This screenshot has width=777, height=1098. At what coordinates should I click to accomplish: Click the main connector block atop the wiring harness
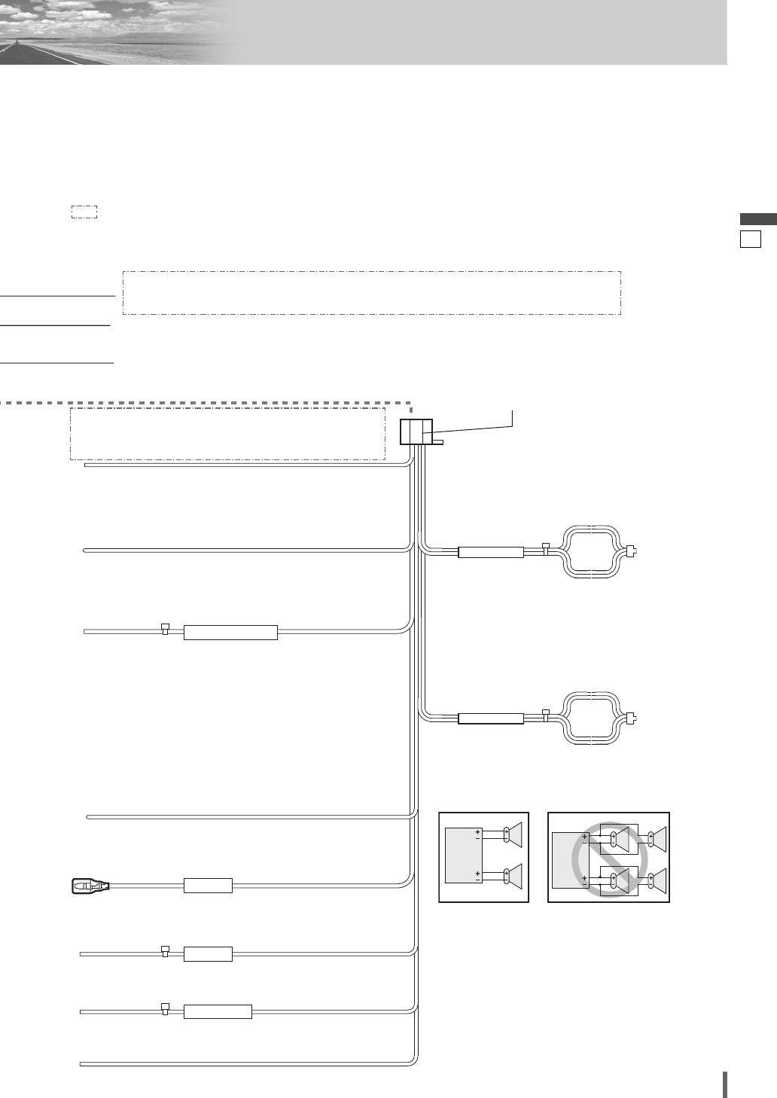click(x=416, y=432)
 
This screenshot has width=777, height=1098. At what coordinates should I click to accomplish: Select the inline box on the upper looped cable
click(x=491, y=552)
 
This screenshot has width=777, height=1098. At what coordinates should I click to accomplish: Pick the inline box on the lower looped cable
click(x=491, y=718)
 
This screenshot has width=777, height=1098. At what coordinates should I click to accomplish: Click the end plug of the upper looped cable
click(x=632, y=551)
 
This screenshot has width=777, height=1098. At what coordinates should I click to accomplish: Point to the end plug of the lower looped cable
click(x=632, y=717)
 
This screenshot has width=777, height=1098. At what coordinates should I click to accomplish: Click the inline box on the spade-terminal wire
click(x=209, y=886)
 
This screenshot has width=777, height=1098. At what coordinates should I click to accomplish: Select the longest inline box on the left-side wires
click(x=230, y=633)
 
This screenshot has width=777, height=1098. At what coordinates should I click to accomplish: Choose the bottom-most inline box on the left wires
click(x=218, y=1012)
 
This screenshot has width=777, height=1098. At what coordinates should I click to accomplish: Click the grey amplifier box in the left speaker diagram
click(x=464, y=856)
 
